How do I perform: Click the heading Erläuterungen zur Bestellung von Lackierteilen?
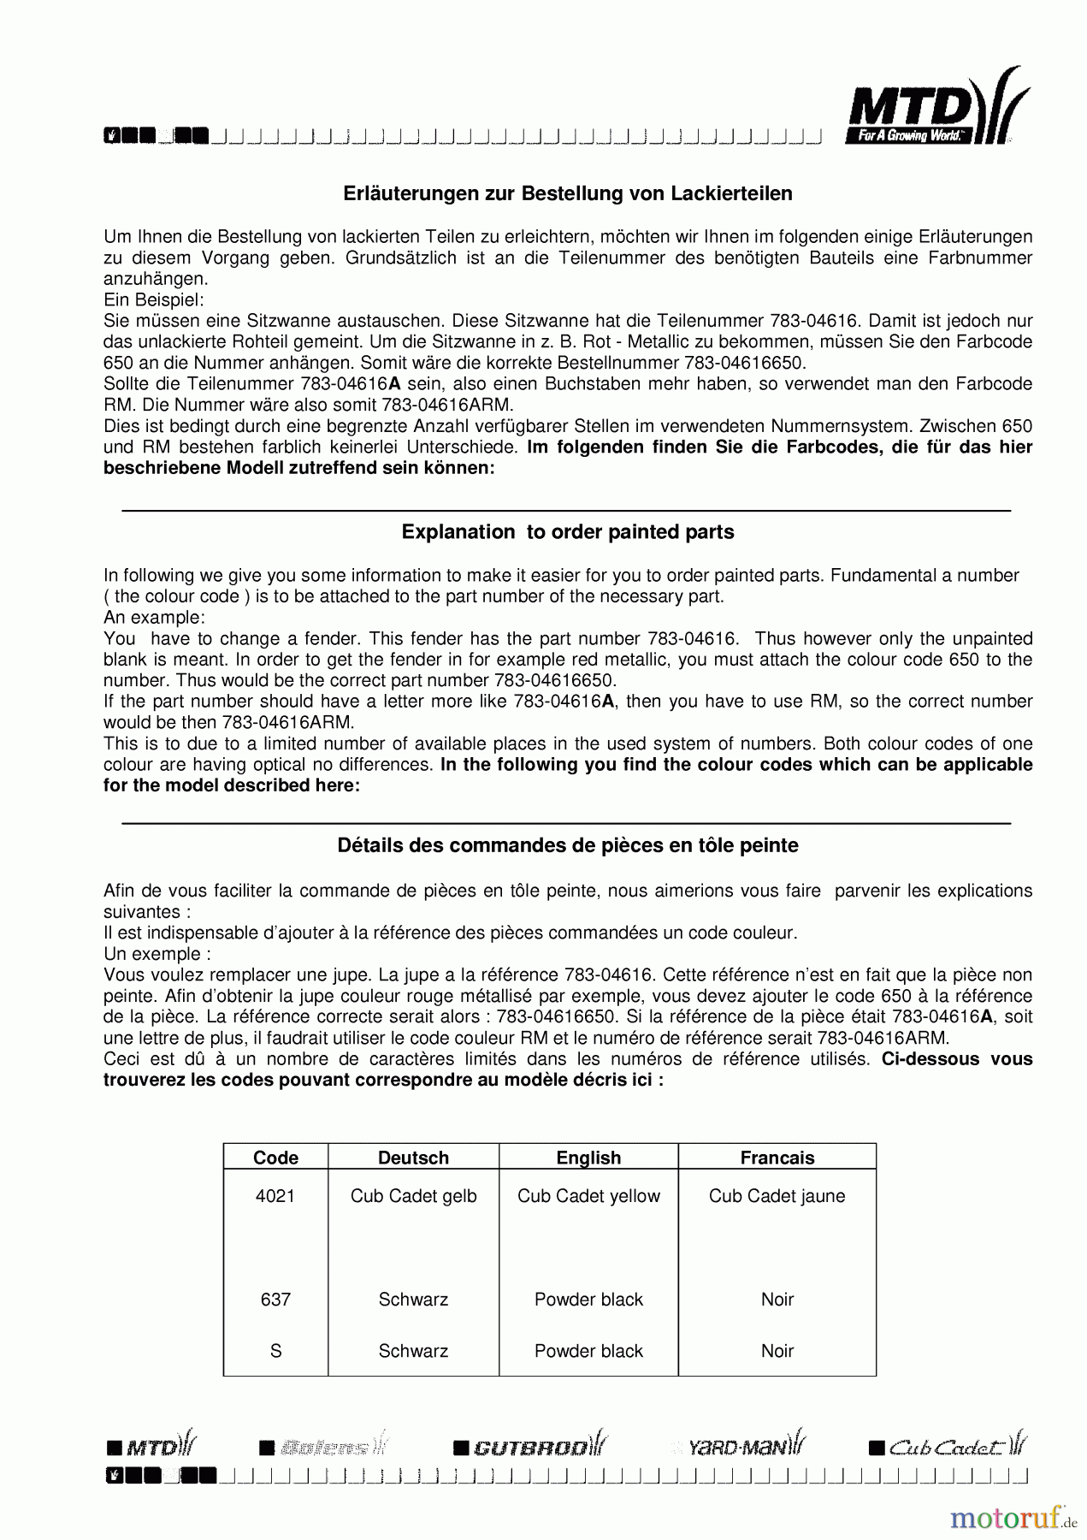coord(567,193)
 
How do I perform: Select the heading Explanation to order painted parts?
coord(567,532)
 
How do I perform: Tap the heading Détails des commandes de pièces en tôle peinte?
coord(567,845)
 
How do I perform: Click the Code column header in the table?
coord(275,1158)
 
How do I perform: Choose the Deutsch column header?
coord(413,1158)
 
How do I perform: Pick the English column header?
coord(588,1158)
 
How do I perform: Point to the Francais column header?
coord(777,1158)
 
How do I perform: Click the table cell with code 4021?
coord(275,1196)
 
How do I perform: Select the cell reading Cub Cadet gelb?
coord(413,1196)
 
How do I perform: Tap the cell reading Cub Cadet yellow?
coord(588,1196)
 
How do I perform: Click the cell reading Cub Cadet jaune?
coord(777,1196)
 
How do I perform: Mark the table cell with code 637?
coord(275,1300)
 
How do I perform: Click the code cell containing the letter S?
coord(275,1351)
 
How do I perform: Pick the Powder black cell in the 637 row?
coord(588,1300)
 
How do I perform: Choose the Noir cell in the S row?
coord(777,1351)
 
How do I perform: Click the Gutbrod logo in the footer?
coord(530,1447)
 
